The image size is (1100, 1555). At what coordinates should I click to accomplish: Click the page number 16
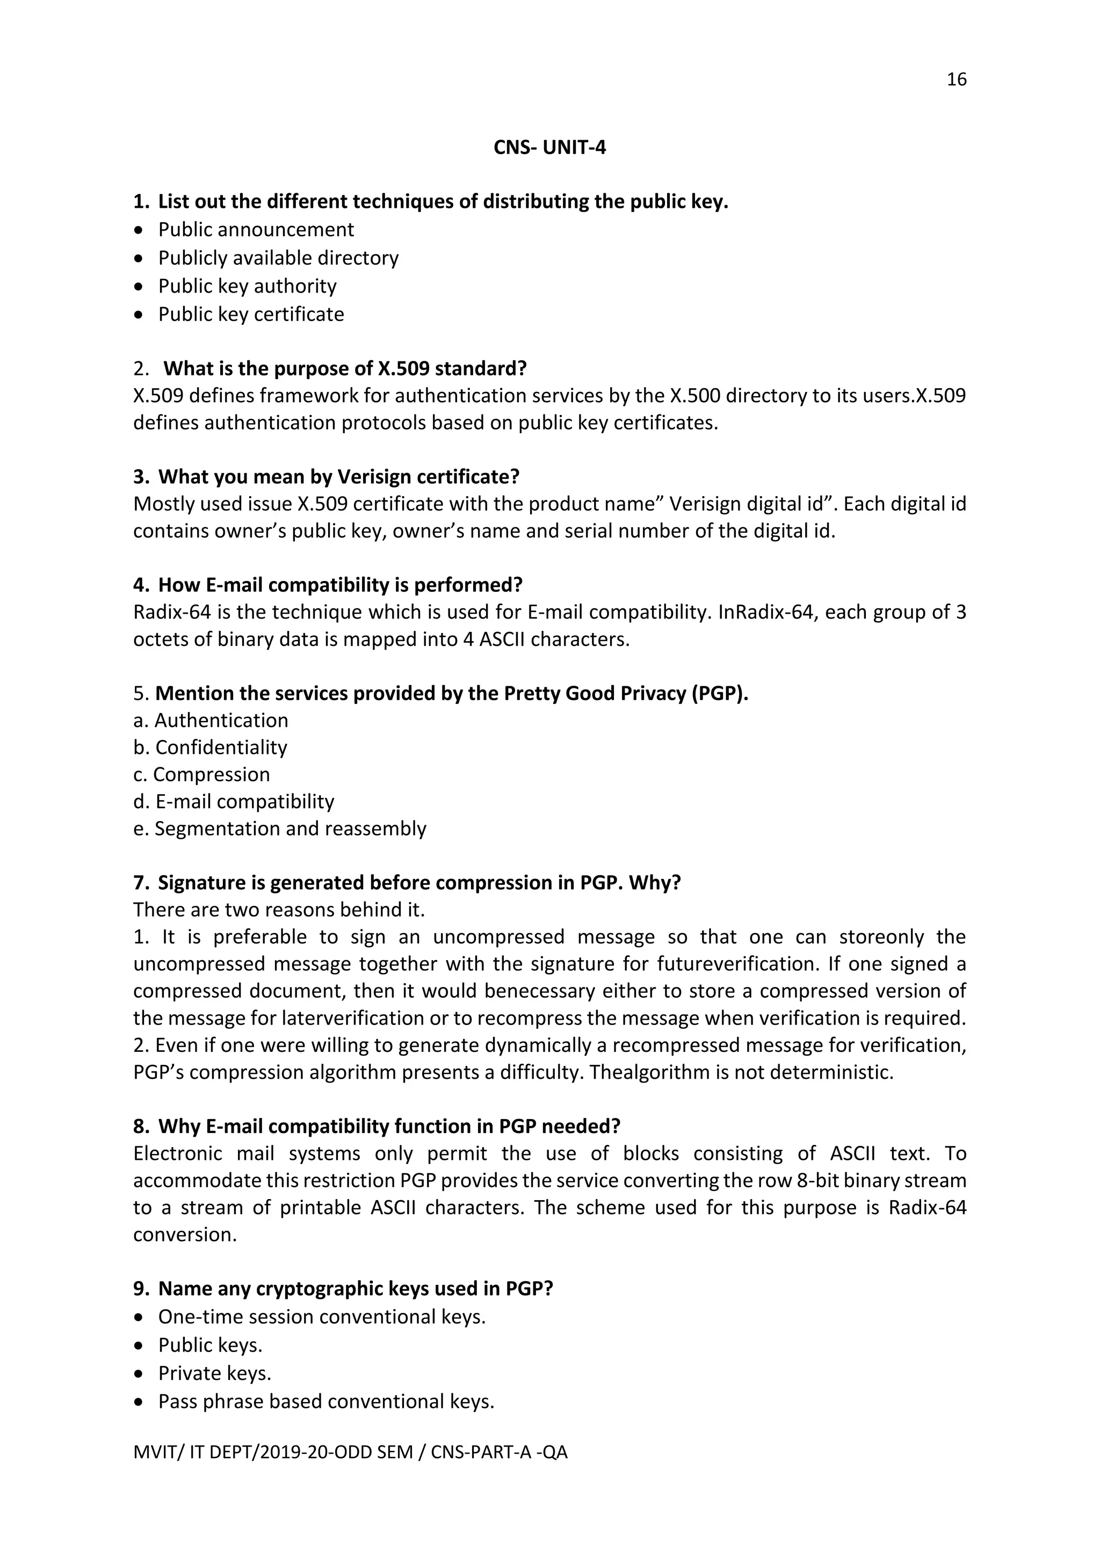pos(956,80)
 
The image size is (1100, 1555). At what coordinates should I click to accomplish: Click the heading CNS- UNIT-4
pos(549,148)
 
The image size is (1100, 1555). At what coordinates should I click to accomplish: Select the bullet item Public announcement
pos(256,230)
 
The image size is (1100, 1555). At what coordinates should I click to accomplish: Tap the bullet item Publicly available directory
pos(278,258)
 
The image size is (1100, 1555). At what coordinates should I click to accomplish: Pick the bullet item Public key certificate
pos(251,314)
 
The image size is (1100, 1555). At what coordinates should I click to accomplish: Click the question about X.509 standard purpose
pos(345,368)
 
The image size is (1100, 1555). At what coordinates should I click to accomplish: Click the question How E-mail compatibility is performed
pos(340,585)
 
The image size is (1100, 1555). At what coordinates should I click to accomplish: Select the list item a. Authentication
pos(211,720)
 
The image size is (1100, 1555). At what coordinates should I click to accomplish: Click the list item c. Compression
pos(201,774)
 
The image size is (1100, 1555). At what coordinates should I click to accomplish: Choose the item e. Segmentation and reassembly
pos(280,829)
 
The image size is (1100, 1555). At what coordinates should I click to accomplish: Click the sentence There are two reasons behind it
pos(279,910)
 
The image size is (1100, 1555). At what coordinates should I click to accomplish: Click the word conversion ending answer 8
pos(184,1234)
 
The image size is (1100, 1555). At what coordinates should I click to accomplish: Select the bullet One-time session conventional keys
pos(322,1317)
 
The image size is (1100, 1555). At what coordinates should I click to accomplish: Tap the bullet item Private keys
pos(215,1373)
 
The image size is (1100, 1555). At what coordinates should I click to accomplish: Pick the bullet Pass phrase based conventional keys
pos(326,1401)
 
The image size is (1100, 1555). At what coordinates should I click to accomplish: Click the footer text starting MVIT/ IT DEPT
pos(350,1452)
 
